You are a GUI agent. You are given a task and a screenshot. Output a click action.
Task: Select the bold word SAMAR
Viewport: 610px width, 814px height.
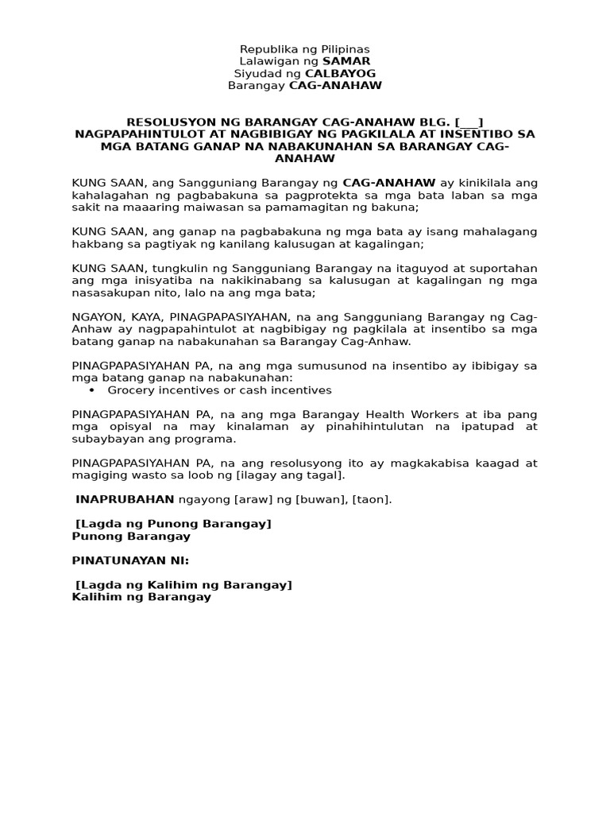tap(346, 61)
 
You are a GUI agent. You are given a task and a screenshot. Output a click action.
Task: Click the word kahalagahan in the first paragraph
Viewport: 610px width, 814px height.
tap(104, 195)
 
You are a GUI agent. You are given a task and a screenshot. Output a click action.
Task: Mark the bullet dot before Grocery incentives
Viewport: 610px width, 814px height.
tap(92, 390)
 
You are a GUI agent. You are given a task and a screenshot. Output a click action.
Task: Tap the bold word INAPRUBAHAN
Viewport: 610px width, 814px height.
tap(125, 499)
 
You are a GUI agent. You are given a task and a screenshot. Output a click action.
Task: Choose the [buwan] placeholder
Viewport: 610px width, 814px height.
tap(321, 499)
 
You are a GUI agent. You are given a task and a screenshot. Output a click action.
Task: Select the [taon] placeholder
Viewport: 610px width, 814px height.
tap(370, 499)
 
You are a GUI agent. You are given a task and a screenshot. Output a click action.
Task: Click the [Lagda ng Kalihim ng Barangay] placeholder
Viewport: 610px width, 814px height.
tap(183, 585)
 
